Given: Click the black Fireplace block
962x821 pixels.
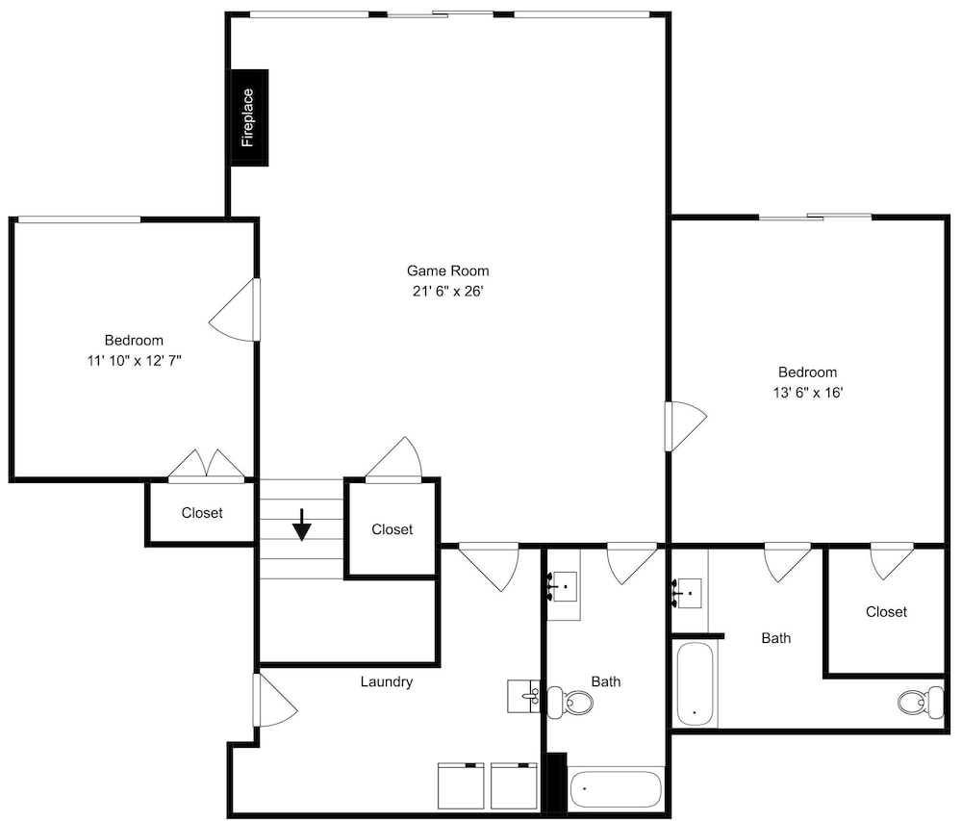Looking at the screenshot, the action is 249,117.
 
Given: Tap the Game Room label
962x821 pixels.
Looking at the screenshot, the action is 448,270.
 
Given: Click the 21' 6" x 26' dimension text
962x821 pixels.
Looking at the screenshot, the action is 448,291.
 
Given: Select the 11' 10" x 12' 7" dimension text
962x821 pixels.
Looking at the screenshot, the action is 135,360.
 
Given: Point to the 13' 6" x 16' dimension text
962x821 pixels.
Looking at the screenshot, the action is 807,392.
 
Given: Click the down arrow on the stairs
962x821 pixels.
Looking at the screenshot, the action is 302,525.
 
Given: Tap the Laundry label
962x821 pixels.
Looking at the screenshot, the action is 387,681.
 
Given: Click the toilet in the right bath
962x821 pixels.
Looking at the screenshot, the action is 921,702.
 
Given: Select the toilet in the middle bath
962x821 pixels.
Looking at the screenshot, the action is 570,702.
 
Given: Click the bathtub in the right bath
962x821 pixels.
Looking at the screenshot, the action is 696,683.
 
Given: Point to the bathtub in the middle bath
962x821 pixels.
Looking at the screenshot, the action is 616,789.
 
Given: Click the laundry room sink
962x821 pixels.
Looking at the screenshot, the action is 523,696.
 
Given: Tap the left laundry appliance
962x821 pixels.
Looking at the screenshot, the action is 461,785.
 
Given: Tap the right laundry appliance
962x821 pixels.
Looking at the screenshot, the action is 514,785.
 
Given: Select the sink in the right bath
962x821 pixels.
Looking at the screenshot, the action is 688,593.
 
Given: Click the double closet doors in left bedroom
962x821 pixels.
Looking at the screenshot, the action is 207,465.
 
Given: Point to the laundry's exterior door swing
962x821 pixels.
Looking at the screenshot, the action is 275,700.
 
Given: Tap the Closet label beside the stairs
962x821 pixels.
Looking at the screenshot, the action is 392,529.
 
